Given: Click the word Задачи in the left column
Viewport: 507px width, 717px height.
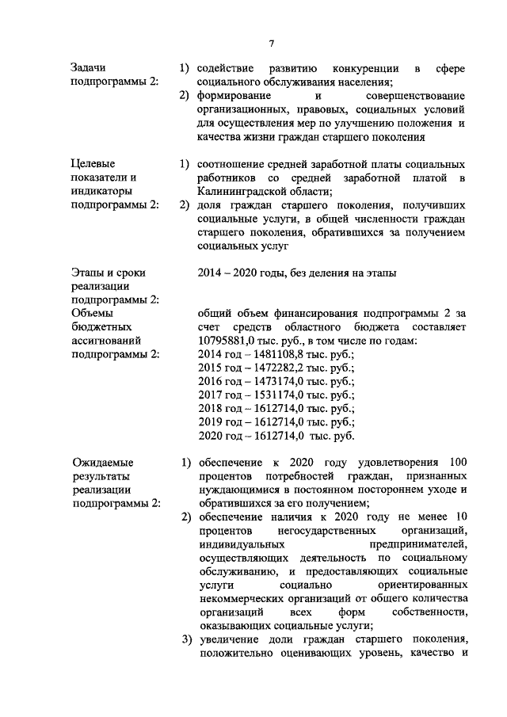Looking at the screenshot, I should click(x=87, y=67).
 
